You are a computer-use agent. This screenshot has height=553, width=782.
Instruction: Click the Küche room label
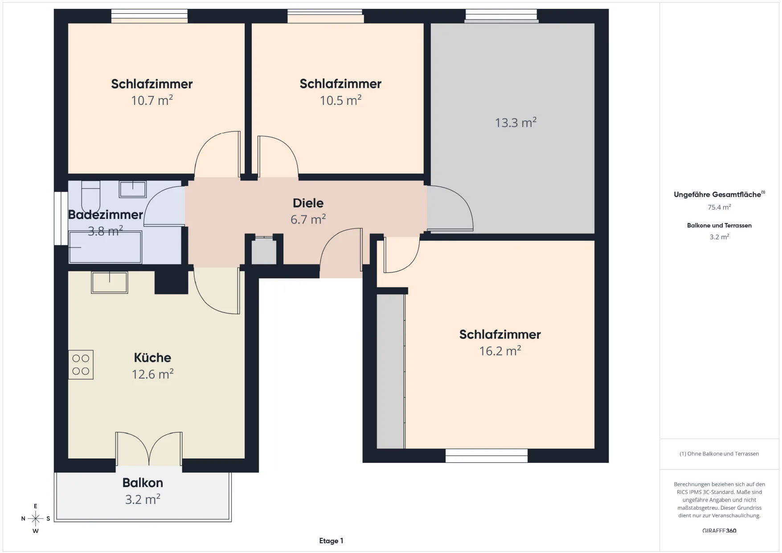152,358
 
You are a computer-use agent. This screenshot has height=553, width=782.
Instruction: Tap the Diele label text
308,203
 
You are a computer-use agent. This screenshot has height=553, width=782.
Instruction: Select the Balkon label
143,483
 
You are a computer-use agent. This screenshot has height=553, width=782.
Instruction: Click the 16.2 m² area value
500,351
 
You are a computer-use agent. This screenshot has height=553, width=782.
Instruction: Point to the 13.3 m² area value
516,123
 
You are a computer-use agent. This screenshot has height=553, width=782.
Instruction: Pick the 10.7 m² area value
152,100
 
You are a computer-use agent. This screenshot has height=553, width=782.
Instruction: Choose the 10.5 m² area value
340,100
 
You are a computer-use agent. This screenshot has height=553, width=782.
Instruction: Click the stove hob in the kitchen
81,365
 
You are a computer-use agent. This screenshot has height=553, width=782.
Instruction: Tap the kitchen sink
110,282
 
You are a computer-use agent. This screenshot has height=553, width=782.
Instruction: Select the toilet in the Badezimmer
90,195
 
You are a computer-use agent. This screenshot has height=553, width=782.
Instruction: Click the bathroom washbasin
132,189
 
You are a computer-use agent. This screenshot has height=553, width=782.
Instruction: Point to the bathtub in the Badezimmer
105,247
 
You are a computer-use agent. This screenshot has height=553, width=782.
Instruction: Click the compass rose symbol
36,519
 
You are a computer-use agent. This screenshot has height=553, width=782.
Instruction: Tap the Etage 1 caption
331,541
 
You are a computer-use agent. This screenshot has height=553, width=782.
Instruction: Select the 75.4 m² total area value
719,207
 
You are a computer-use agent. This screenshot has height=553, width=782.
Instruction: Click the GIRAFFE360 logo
719,531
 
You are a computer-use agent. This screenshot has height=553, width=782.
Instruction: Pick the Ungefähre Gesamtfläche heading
719,194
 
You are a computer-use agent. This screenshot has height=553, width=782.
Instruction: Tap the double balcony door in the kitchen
149,449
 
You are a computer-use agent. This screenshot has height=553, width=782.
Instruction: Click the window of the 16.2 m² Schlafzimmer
487,456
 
